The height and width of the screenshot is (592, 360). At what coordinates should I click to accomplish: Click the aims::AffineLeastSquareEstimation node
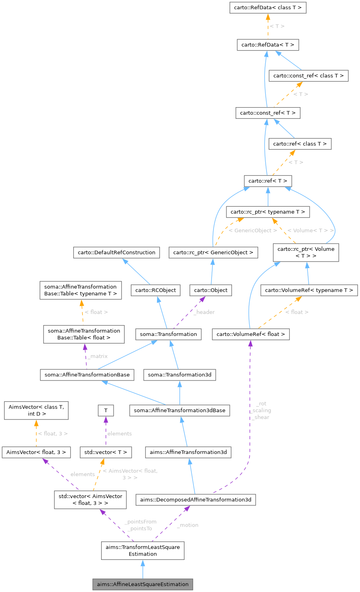[142, 584]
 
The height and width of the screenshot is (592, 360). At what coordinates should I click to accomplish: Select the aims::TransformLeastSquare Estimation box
[142, 550]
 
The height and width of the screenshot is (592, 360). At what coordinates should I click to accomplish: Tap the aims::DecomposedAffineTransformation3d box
[195, 499]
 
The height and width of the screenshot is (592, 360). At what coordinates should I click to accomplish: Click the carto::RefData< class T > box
[268, 8]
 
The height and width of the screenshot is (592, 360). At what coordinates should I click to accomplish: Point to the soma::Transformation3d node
[179, 374]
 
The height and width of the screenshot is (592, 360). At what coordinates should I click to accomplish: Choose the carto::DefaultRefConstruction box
[116, 252]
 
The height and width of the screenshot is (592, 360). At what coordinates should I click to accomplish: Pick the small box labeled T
[106, 410]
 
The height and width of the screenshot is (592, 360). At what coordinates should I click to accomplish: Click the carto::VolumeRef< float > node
[250, 334]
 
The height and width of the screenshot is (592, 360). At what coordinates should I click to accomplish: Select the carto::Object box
[211, 290]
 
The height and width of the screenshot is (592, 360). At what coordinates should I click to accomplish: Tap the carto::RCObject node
[155, 290]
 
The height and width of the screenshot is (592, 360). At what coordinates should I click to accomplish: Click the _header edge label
[204, 312]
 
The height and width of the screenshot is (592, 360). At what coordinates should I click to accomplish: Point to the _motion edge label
[188, 525]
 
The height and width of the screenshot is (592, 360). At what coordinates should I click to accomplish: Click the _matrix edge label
[98, 356]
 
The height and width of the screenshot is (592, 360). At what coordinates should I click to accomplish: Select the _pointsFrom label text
[140, 521]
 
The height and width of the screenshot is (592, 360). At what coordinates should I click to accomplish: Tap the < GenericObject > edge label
[252, 230]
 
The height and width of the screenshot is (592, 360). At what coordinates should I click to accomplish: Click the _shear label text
[261, 417]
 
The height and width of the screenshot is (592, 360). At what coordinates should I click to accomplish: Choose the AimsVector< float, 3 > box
[36, 452]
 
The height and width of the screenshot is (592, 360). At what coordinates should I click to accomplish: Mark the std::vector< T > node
[106, 452]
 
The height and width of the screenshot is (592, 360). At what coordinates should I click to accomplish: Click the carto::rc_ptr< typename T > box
[268, 212]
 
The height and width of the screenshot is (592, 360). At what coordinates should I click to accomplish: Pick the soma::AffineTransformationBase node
[87, 374]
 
